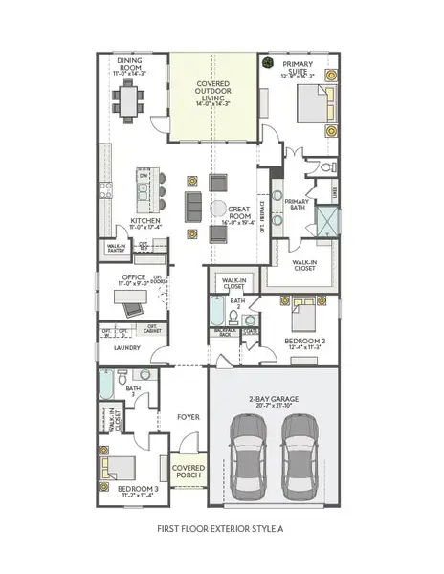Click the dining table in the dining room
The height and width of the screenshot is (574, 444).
coord(128,99)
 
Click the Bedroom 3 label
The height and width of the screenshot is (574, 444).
coord(137,491)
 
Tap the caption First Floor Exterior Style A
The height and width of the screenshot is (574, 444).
coord(221,529)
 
